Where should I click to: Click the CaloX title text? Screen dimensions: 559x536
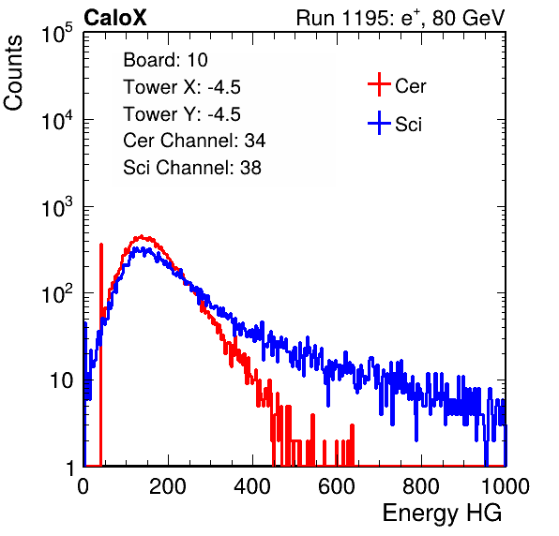click(115, 18)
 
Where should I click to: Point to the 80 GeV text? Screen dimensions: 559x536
click(468, 18)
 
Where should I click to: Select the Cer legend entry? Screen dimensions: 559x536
click(397, 84)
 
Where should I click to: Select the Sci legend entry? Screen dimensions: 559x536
click(395, 124)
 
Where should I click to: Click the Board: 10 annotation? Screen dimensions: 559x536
click(165, 60)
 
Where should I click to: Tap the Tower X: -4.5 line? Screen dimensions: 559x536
click(182, 87)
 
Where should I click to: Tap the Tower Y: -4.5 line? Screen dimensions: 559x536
click(182, 114)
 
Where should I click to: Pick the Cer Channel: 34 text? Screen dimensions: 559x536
click(194, 141)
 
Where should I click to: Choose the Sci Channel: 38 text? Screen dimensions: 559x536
click(192, 168)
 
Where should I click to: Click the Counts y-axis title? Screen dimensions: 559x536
click(13, 73)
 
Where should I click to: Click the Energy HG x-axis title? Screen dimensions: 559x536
click(442, 513)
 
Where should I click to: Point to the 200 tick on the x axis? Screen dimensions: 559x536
click(168, 486)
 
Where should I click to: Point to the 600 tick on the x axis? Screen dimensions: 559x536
click(337, 486)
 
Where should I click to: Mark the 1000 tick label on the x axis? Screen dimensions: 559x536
click(506, 486)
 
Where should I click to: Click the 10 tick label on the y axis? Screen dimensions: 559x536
click(62, 380)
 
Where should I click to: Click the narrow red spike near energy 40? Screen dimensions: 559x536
click(101, 354)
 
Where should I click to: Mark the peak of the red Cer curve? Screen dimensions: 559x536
click(142, 236)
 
